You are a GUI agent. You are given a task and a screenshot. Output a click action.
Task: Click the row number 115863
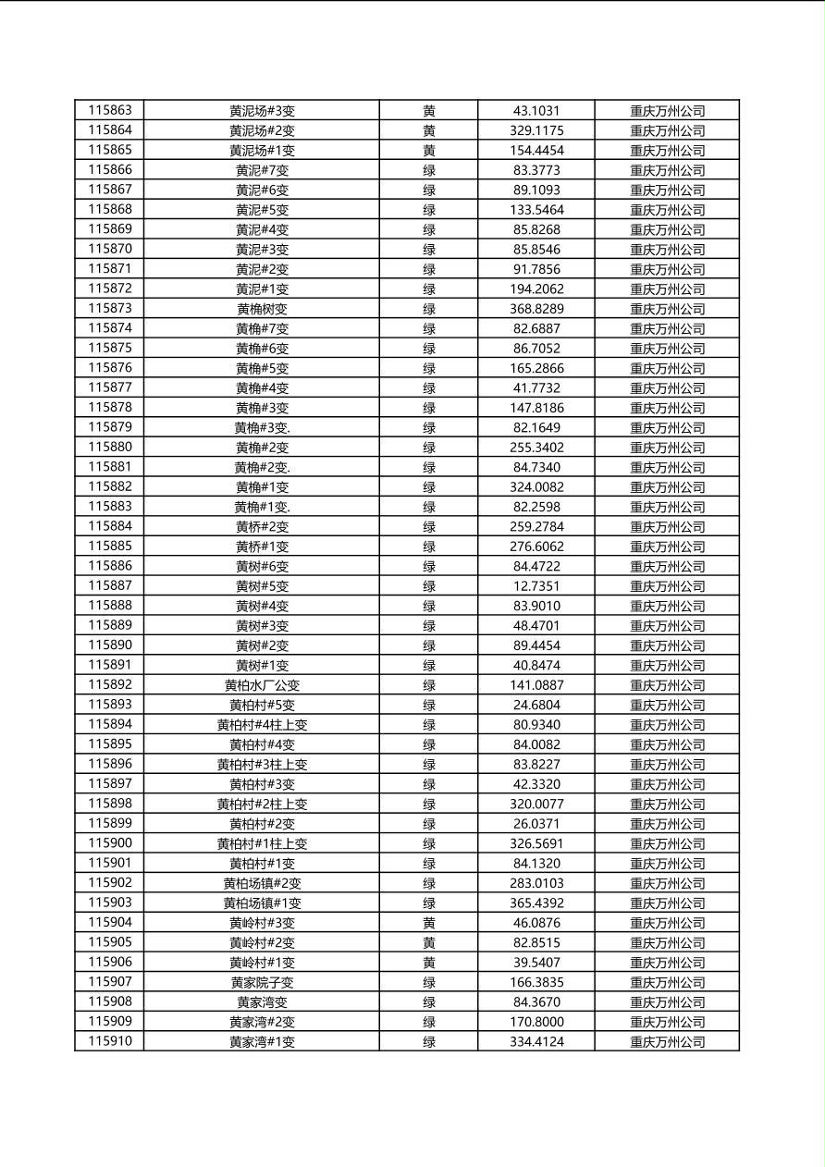click(110, 111)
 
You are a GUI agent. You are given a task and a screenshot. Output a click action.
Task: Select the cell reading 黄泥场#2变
click(262, 130)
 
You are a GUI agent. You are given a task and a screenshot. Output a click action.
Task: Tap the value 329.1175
click(536, 130)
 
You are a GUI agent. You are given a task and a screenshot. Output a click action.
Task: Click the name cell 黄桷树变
click(262, 309)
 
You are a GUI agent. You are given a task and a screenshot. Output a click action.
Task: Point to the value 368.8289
click(536, 309)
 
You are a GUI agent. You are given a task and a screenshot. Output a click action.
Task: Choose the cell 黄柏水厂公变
click(262, 685)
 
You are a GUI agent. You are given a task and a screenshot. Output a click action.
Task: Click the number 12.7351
click(536, 586)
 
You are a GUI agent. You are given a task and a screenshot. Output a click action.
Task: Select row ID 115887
click(110, 585)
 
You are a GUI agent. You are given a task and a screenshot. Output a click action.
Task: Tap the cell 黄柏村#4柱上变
click(262, 725)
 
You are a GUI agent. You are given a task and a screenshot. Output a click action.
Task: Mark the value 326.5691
click(536, 843)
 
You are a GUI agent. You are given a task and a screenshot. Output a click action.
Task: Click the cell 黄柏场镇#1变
click(262, 903)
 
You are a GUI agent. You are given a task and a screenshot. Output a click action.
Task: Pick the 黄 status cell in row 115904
click(429, 923)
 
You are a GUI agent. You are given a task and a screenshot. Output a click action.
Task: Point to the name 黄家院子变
click(262, 982)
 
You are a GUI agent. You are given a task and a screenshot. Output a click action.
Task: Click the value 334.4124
click(536, 1041)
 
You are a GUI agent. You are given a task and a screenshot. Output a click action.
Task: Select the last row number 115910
click(110, 1041)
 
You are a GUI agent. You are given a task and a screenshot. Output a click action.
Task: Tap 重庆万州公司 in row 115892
click(667, 685)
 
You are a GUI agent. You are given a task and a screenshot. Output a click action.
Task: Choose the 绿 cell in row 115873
click(429, 309)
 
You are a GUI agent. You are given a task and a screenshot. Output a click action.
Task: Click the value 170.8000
click(536, 1022)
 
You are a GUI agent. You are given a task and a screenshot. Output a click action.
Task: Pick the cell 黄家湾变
click(262, 1002)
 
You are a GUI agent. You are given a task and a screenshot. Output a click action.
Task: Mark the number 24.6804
click(536, 705)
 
